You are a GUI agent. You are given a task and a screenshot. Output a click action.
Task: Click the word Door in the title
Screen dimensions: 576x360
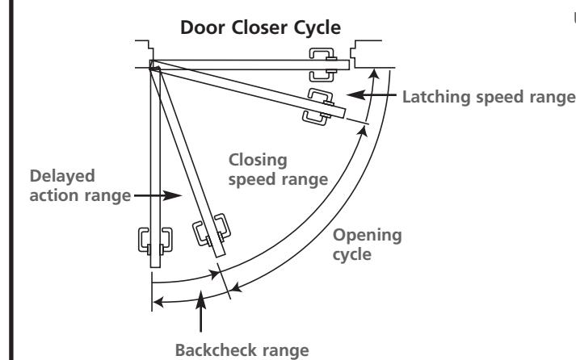(x=203, y=27)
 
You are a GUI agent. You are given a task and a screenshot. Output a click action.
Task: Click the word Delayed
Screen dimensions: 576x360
(x=62, y=176)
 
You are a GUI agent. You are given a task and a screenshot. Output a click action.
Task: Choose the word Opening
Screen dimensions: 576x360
(x=367, y=236)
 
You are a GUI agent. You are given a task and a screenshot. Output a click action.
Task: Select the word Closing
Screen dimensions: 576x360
(x=258, y=161)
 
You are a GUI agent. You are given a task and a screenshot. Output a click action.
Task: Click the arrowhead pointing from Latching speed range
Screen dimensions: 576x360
(x=355, y=94)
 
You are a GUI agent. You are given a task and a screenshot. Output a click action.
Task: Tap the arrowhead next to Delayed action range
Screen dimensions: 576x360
(x=172, y=195)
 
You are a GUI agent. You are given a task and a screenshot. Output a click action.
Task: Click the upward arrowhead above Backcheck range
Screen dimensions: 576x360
(x=200, y=299)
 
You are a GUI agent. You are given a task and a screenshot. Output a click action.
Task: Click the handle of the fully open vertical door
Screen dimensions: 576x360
(x=155, y=241)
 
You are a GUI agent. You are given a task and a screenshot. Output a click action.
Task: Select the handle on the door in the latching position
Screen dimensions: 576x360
(x=319, y=107)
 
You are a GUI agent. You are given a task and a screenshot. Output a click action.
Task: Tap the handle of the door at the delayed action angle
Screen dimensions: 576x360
(x=212, y=230)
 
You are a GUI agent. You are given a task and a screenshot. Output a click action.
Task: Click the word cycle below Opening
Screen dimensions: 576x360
(x=352, y=255)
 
